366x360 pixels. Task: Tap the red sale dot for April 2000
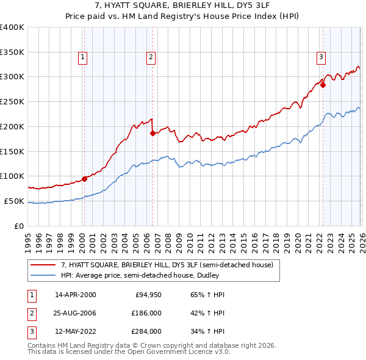pos(84,179)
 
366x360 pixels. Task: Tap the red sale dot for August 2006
pos(152,133)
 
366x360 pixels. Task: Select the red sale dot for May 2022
pos(323,85)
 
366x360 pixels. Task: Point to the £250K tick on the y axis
pos(12,101)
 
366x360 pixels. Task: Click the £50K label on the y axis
pos(14,201)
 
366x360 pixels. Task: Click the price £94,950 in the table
pos(148,295)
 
